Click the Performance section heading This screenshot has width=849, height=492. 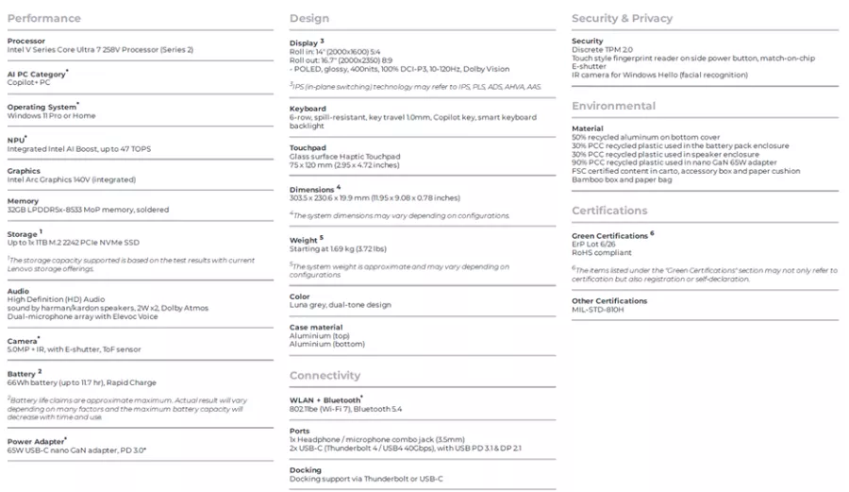point(43,18)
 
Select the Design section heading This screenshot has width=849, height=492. point(309,18)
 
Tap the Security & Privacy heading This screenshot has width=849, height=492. point(622,18)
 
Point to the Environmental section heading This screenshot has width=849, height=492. point(613,106)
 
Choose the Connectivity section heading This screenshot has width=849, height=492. point(325,375)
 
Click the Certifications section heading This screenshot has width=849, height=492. point(609,210)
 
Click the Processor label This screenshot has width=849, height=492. point(25,41)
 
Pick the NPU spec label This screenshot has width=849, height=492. point(16,140)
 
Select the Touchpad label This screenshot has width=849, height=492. point(308,148)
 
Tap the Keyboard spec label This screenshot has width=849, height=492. point(308,109)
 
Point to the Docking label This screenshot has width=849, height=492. point(305,469)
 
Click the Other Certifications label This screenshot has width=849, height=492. point(609,300)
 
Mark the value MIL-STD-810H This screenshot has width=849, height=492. point(597,309)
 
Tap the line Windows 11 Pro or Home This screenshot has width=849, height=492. point(51,115)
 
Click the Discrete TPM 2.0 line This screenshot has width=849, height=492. point(602,49)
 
